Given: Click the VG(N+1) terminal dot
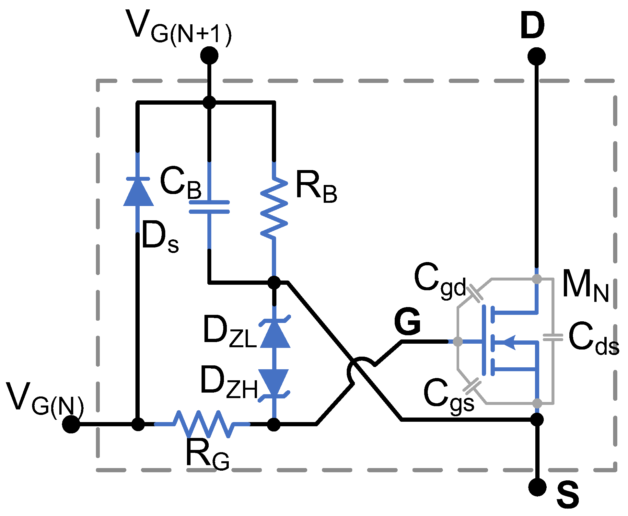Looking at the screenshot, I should tap(209, 55).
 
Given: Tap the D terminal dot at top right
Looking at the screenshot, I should tap(537, 56).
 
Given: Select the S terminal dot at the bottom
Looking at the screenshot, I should tap(537, 487).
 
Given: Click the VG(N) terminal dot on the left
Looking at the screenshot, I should tap(71, 424).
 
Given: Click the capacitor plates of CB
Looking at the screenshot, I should tap(209, 207).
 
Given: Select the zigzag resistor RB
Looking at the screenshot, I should tap(274, 207).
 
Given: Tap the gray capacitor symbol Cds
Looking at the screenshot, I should tap(553, 338).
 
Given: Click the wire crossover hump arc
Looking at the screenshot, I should tap(358, 364).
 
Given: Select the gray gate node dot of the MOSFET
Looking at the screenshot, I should tap(458, 341).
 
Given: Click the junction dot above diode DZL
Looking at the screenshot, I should tap(274, 282).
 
